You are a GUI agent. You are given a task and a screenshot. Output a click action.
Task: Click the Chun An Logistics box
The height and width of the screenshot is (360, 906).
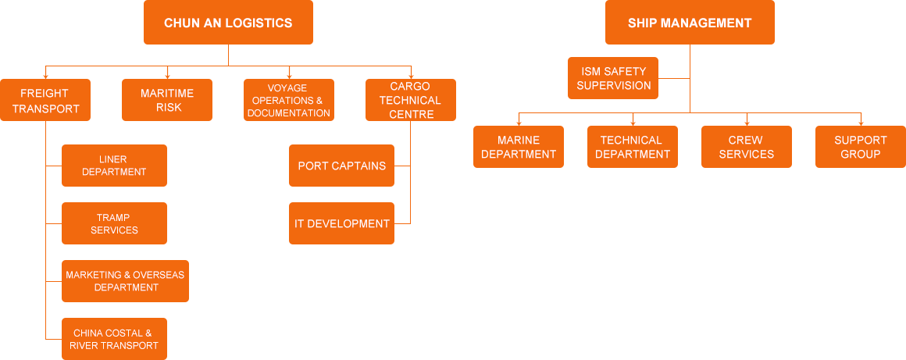pyautogui.click(x=228, y=23)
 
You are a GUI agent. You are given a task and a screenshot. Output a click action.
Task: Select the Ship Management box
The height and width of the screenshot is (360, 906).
pyautogui.click(x=690, y=23)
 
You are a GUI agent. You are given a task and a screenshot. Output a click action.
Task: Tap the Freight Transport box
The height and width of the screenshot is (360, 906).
pyautogui.click(x=45, y=100)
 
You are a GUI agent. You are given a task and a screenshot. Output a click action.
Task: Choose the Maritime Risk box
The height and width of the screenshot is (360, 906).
pyautogui.click(x=167, y=100)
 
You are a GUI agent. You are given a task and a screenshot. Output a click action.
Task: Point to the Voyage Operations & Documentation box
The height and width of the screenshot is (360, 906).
pyautogui.click(x=288, y=100)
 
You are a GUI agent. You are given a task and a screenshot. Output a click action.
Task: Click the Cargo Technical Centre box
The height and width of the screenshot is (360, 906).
pyautogui.click(x=410, y=100)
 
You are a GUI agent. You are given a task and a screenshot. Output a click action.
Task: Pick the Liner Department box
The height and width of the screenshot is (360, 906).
pyautogui.click(x=114, y=166)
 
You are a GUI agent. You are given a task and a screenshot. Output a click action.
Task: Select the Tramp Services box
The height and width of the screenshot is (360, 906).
pyautogui.click(x=114, y=223)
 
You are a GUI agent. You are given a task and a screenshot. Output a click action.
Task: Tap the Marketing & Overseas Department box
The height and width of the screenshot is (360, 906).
pyautogui.click(x=125, y=281)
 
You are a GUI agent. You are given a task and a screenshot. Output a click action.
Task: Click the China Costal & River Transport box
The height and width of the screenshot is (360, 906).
pyautogui.click(x=114, y=339)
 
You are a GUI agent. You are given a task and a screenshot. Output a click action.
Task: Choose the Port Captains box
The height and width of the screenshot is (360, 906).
pyautogui.click(x=341, y=166)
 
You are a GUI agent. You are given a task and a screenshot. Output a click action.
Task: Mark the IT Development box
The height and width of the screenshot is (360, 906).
pyautogui.click(x=341, y=223)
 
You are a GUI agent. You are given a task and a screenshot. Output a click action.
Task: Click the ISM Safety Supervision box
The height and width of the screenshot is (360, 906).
pyautogui.click(x=613, y=78)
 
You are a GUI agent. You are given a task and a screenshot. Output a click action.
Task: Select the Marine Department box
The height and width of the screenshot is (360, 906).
pyautogui.click(x=519, y=147)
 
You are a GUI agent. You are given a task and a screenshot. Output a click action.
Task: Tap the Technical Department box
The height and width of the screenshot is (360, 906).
pyautogui.click(x=632, y=147)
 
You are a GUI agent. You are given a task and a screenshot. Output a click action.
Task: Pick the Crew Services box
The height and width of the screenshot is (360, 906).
pyautogui.click(x=746, y=147)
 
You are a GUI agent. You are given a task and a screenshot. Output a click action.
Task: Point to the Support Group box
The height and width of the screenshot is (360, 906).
pyautogui.click(x=860, y=147)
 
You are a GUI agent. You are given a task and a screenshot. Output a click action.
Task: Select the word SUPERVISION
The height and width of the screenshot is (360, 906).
pyautogui.click(x=614, y=85)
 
